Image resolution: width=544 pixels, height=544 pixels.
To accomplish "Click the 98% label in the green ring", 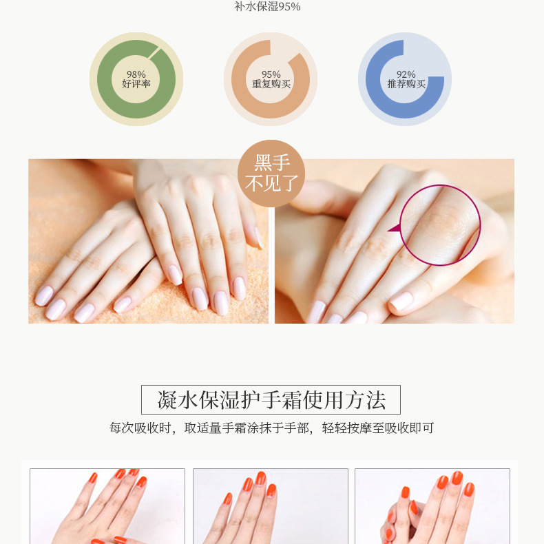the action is coord(136,74).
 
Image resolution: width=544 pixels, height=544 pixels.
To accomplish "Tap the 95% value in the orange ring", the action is coord(271,74).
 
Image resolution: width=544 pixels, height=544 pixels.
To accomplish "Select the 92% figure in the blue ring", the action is coord(406,74).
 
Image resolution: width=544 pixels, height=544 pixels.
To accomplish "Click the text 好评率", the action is coord(136,84).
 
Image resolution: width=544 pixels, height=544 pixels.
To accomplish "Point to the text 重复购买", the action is coord(271,84).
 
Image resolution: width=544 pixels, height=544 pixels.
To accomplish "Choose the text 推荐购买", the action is coord(406,84).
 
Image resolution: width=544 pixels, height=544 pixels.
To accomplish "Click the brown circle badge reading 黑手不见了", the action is coord(271,174).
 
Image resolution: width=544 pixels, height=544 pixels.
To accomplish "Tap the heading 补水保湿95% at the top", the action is coord(267,7).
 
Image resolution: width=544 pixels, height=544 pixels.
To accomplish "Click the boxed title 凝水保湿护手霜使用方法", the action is coord(271,399).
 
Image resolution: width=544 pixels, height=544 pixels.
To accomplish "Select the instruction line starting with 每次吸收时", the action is coord(271,428).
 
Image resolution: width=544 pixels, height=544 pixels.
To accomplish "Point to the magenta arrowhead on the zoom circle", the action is coord(394,229).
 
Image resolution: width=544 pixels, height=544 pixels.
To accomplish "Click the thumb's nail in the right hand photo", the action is coord(401,301).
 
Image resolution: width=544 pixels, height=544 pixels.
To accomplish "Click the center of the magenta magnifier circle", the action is coord(440,225).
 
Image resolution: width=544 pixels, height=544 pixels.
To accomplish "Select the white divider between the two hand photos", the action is coord(271,265).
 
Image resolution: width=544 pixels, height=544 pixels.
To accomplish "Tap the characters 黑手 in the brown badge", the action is coord(272,163).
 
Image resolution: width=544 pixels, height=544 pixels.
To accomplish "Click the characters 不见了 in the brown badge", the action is coord(271,183).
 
